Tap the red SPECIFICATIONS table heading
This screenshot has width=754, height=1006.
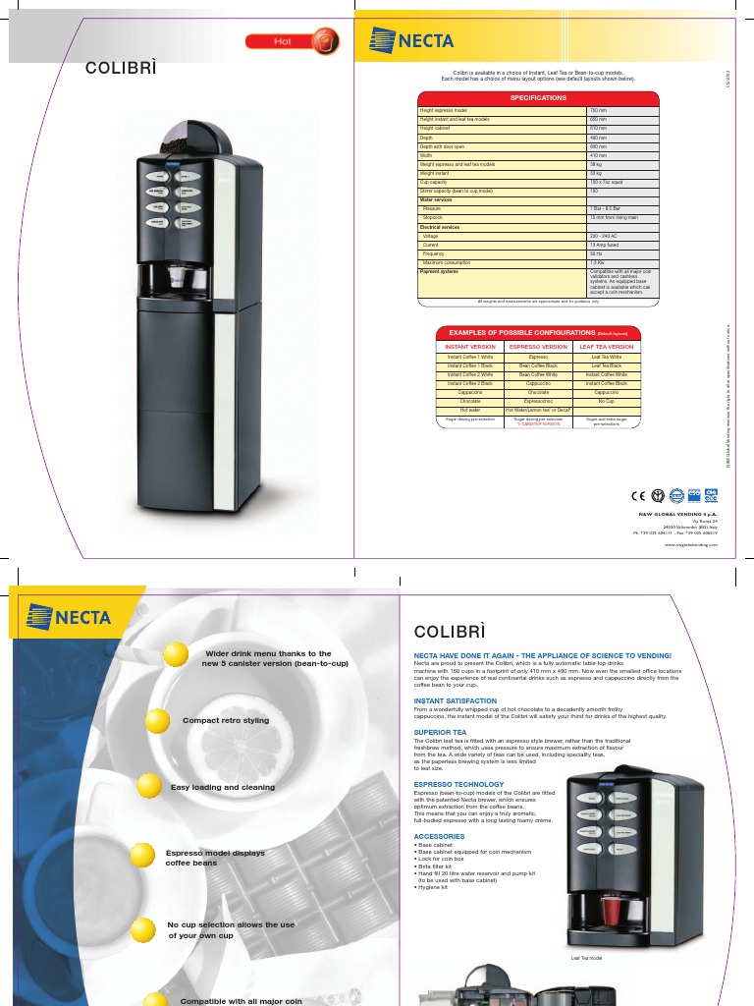tap(537, 98)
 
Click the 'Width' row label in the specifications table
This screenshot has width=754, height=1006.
tap(427, 155)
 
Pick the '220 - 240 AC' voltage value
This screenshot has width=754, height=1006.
tap(602, 237)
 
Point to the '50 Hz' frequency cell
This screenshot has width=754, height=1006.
tap(596, 253)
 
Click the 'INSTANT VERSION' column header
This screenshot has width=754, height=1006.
tap(470, 347)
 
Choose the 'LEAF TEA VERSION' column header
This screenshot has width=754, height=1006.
tap(607, 347)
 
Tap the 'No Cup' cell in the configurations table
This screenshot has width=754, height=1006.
tap(606, 402)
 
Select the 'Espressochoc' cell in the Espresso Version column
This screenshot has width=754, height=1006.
tap(538, 402)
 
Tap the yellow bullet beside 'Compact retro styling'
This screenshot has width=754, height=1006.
tap(159, 720)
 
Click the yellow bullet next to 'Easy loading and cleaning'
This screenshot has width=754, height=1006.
tap(148, 785)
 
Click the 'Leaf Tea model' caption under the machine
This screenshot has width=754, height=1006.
tap(586, 957)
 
